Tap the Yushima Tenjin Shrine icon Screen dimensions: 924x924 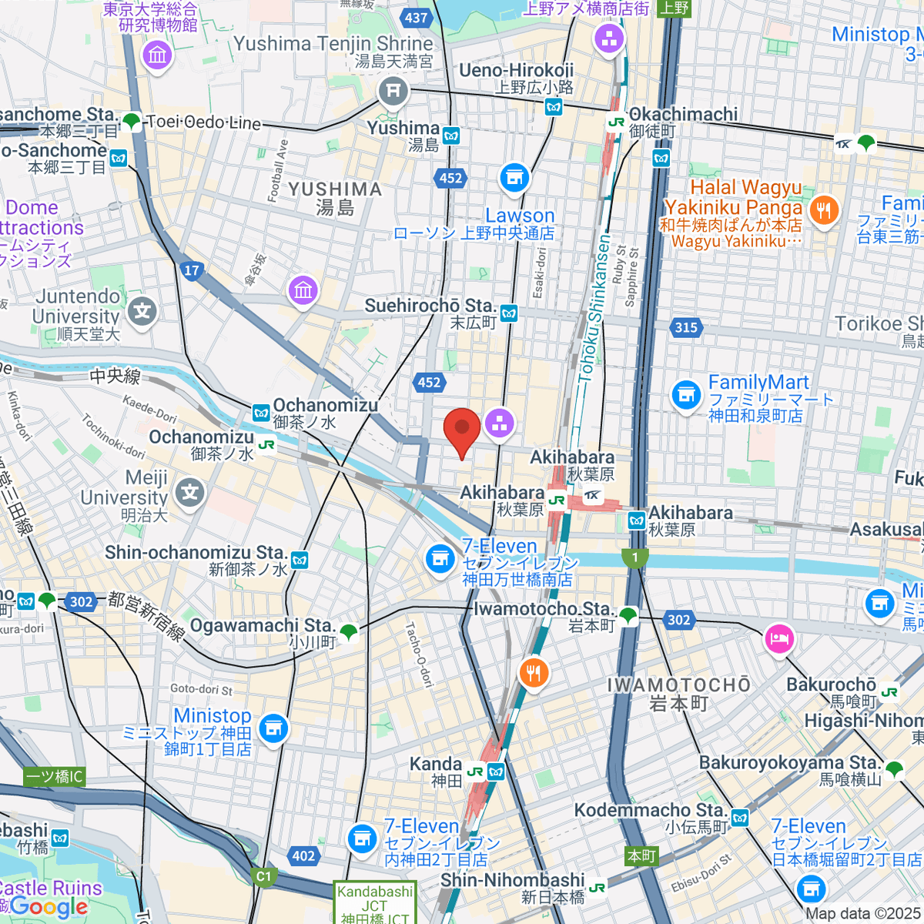click(393, 91)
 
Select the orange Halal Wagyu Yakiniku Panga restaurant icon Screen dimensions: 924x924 click(824, 209)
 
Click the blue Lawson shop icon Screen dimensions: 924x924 click(514, 178)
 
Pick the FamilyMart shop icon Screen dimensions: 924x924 click(685, 396)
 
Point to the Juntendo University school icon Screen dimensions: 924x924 click(142, 312)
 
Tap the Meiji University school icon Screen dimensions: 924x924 click(189, 493)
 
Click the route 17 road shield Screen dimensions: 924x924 click(192, 270)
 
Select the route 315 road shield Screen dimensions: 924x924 click(685, 327)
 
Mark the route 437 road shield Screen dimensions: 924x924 click(416, 18)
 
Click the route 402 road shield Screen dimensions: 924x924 click(303, 855)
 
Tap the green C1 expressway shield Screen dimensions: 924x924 click(264, 876)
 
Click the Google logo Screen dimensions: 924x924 click(49, 907)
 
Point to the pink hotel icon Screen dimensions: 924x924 click(779, 639)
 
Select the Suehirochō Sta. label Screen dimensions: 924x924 click(429, 306)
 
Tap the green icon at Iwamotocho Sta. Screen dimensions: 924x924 click(628, 615)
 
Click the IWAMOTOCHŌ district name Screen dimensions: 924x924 click(678, 685)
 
